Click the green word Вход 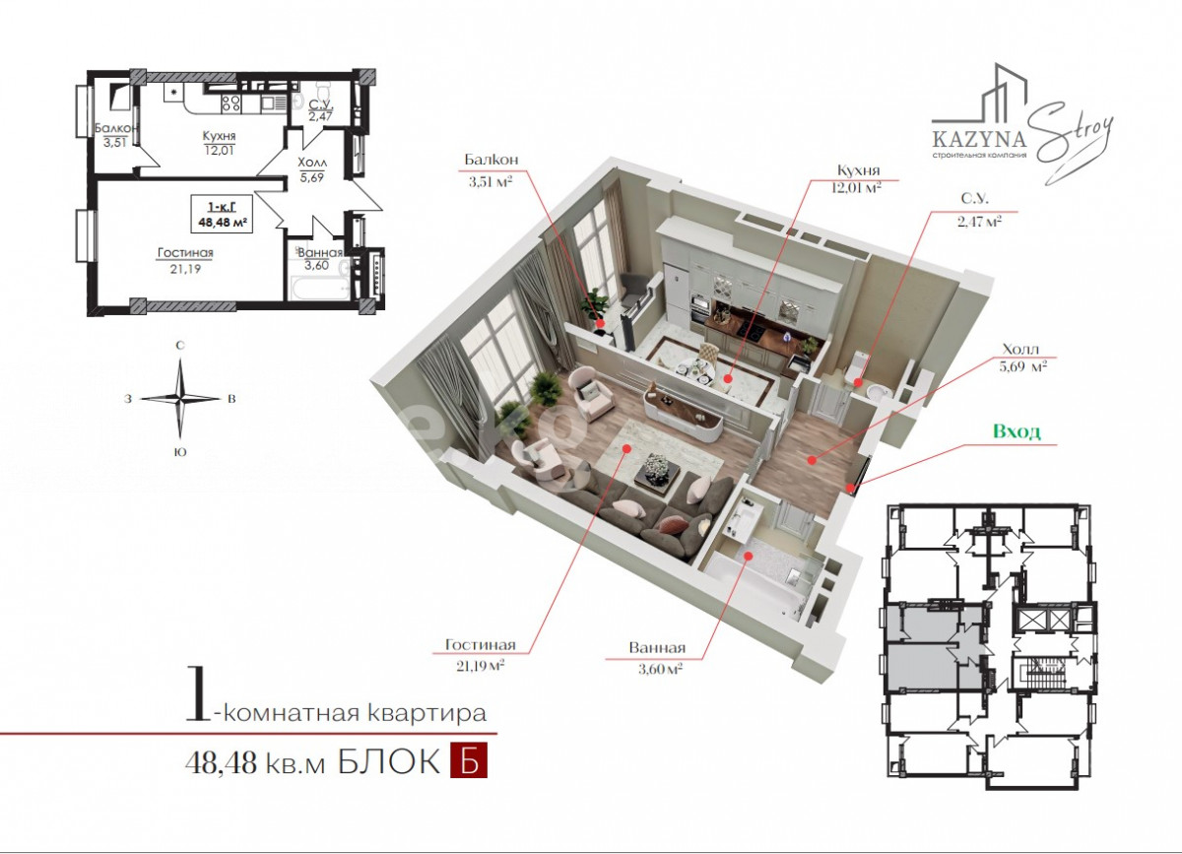[1017, 431]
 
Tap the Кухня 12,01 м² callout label [859, 178]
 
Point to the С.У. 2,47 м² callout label [979, 210]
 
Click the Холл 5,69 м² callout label [1022, 358]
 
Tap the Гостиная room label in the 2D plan [185, 253]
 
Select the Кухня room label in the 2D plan [219, 136]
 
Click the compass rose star [180, 399]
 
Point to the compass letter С [180, 346]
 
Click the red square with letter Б [469, 760]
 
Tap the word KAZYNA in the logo [979, 139]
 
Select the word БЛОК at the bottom [389, 761]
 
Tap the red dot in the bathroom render [748, 556]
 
